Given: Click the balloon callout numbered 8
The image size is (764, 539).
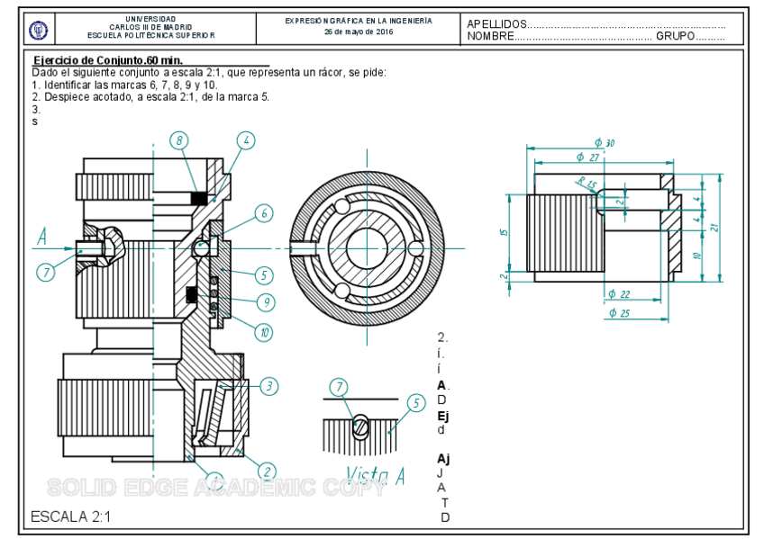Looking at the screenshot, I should tap(180, 140).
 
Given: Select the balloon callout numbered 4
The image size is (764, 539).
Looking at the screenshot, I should tap(246, 140).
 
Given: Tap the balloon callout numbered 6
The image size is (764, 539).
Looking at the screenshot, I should tap(263, 214).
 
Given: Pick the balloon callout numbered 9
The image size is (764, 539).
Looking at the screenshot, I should tap(265, 301).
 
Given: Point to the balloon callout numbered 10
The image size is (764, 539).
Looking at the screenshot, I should tap(264, 333).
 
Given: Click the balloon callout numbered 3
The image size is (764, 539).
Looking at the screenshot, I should tap(268, 386).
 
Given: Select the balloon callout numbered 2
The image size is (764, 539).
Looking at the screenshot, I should tap(267, 471).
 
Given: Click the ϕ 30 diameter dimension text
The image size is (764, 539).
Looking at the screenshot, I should tap(605, 143).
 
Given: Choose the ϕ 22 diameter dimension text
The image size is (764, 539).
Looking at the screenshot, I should tap(618, 294).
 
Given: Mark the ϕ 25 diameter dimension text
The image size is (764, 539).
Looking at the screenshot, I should tap(618, 312).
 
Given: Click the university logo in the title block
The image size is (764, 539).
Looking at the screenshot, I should tap(38, 29).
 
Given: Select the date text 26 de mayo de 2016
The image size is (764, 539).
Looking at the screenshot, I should tap(359, 31).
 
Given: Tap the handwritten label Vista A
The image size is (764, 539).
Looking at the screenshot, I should tap(376, 474).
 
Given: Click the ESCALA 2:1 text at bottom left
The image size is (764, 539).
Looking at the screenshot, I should tap(70, 517).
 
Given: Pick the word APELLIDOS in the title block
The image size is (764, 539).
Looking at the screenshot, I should tap(496, 23).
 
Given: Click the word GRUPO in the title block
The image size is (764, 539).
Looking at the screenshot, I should tap(675, 37).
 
